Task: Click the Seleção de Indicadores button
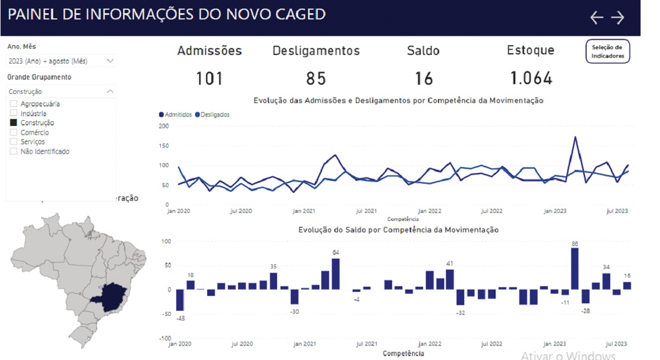coord(607,52)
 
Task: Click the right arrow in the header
coord(618,18)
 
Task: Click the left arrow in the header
coord(596,18)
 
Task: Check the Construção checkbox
coord(14,122)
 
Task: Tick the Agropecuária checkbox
coord(14,104)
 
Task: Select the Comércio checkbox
coord(14,132)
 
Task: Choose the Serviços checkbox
coord(14,141)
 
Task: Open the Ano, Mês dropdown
coord(61,61)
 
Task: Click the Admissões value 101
coord(210,78)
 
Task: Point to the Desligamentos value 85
coord(316,78)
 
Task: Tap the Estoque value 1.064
coord(531,78)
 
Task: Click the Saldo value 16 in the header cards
coord(424,78)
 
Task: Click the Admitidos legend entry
coord(176,114)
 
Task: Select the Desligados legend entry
coord(212,114)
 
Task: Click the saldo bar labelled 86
coord(575,269)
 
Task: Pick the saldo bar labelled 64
coord(336,274)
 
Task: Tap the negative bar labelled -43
coord(180,300)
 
